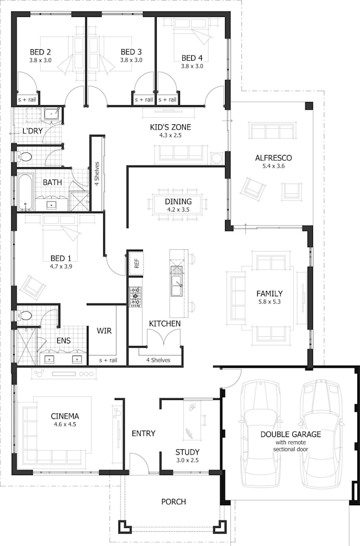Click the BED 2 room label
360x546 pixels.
pos(40,52)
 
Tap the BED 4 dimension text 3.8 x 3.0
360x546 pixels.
pos(192,67)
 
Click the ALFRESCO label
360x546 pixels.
pos(273,158)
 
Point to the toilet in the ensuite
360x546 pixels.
pos(25,316)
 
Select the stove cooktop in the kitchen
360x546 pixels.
pos(136,296)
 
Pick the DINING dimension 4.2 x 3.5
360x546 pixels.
pos(178,210)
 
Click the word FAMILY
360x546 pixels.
pos(269,293)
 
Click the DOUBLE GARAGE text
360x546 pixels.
pos(291,434)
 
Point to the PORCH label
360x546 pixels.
pos(174,502)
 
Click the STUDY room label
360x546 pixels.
pos(187,452)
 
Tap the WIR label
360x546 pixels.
pos(104,331)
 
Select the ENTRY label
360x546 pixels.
pos(143,433)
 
